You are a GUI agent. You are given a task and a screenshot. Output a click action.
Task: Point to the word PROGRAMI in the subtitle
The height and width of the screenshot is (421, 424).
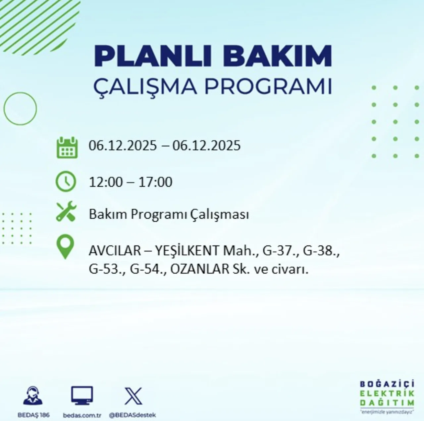tap(268, 86)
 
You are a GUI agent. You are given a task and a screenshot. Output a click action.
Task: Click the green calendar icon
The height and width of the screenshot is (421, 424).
tap(67, 147)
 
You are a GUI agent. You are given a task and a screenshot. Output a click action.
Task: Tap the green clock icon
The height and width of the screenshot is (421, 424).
tap(66, 182)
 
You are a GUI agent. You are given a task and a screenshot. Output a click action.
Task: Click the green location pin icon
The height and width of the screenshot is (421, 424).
tap(65, 246)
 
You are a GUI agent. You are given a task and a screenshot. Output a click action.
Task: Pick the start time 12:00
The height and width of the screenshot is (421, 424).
tap(105, 182)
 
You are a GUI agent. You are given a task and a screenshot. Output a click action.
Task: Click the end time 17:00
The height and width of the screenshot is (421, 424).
tap(155, 182)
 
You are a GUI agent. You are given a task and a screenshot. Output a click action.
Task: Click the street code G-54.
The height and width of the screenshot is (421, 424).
tap(148, 269)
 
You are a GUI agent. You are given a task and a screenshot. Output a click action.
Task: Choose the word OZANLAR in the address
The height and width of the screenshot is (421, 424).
tap(200, 269)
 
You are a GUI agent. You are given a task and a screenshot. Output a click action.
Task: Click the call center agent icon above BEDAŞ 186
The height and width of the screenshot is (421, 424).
tap(33, 396)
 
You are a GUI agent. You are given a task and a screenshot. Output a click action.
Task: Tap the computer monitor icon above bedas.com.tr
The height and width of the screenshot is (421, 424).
tap(82, 395)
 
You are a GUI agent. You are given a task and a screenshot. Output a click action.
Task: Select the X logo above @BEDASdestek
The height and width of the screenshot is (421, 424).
tap(133, 396)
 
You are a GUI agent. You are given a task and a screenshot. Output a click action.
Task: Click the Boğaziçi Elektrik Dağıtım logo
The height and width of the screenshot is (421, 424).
tap(387, 397)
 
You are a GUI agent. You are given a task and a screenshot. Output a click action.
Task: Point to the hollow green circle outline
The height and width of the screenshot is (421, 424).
tap(20, 109)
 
